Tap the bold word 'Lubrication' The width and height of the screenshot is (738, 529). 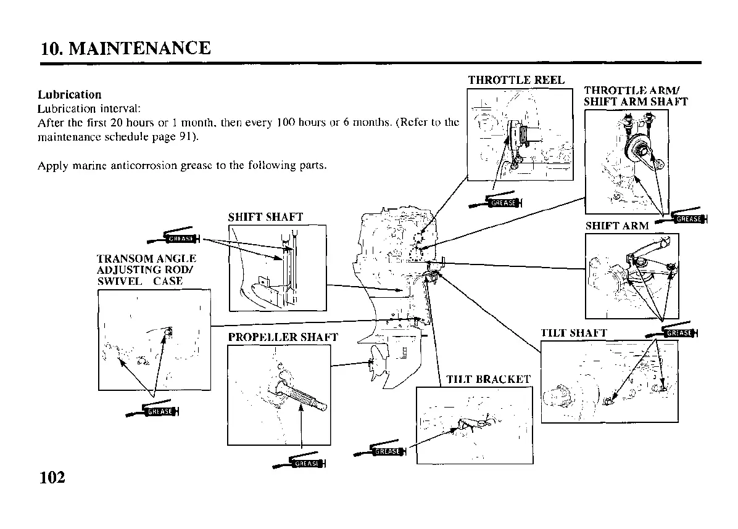[x=69, y=95]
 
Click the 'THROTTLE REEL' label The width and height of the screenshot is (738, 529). [x=516, y=80]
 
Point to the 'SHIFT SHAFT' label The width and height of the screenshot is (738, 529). [x=265, y=217]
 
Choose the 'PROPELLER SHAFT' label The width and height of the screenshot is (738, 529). [x=283, y=337]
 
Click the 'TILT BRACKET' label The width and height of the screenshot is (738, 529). [x=489, y=379]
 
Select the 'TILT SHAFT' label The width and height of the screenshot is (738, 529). [x=574, y=334]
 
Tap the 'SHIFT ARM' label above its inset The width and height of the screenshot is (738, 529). [x=617, y=226]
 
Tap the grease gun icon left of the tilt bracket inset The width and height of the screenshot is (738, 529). [x=380, y=451]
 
